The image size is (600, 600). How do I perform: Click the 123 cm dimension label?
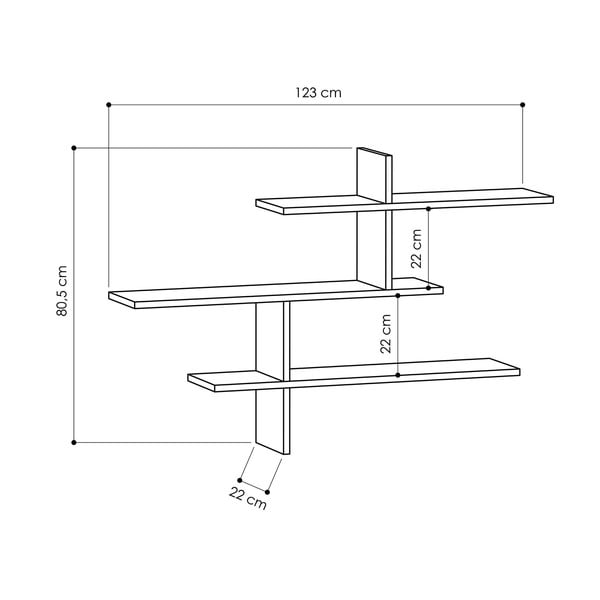tap(318, 92)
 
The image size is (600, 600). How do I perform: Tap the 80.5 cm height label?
tap(62, 291)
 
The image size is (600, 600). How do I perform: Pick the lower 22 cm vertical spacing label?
tap(386, 333)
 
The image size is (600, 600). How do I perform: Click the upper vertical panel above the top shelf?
tap(372, 172)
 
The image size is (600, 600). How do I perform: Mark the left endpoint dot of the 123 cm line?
tap(109, 104)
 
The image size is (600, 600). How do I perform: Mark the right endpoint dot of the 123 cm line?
tap(523, 104)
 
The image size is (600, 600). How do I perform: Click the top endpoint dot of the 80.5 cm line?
tap(74, 148)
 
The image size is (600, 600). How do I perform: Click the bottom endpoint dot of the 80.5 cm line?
tap(74, 441)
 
